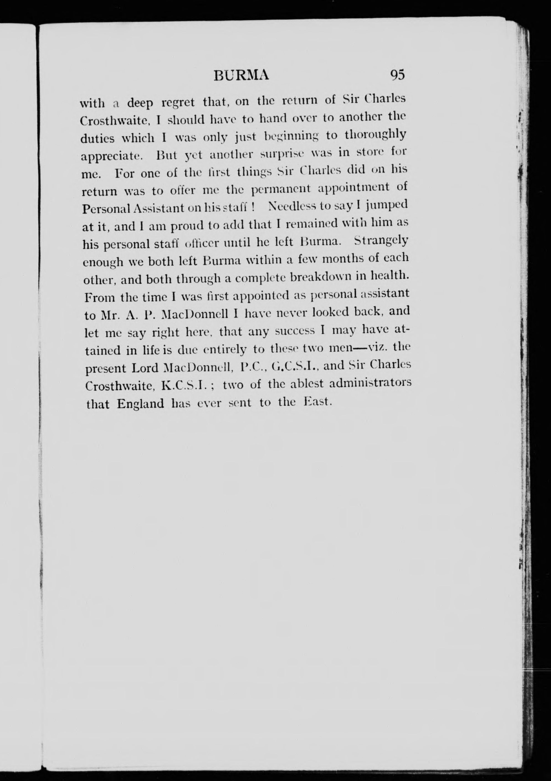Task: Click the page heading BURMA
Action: (x=241, y=75)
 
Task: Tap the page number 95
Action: (x=398, y=75)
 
